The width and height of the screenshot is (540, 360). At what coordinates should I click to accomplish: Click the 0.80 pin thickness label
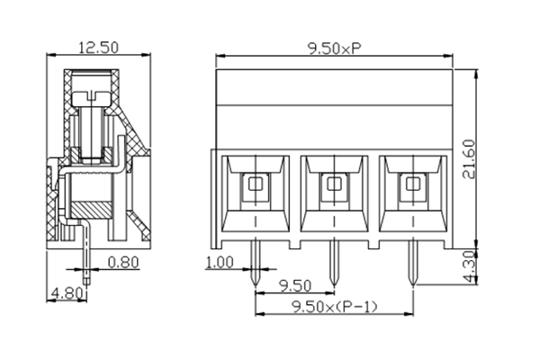pos(122,264)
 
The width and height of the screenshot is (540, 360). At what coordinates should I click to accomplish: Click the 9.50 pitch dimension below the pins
pos(294,285)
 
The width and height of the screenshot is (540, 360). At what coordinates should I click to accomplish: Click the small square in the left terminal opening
pos(256,185)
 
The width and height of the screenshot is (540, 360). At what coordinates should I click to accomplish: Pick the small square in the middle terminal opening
pos(334,185)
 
